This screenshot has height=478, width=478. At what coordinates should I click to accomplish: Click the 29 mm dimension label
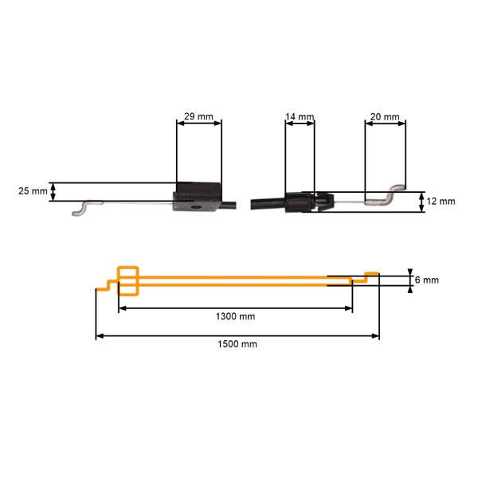[198, 117]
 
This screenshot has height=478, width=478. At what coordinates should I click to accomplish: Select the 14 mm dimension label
[300, 117]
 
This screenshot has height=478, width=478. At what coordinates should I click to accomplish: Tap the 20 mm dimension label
[386, 117]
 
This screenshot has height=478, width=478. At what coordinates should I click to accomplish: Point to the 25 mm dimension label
[33, 191]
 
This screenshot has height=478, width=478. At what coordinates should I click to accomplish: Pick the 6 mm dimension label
[426, 280]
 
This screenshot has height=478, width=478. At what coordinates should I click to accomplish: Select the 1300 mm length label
[235, 316]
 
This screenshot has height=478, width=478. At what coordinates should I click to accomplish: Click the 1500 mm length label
[237, 344]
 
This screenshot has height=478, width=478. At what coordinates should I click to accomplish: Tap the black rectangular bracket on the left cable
[198, 199]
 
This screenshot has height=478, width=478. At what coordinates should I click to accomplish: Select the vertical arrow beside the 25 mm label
[53, 191]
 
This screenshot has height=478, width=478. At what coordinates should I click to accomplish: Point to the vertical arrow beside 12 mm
[421, 202]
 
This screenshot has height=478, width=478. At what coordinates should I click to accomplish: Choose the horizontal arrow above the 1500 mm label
[237, 336]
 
